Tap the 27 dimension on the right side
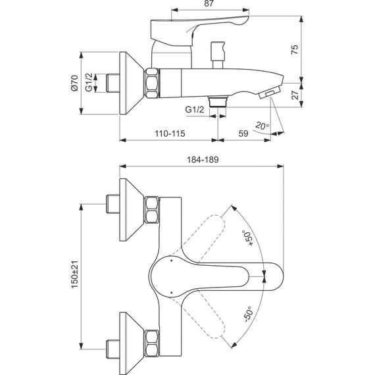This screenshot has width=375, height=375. coord(295,94)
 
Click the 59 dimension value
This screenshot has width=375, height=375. coord(242,134)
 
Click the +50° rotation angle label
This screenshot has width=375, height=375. coord(247,238)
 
